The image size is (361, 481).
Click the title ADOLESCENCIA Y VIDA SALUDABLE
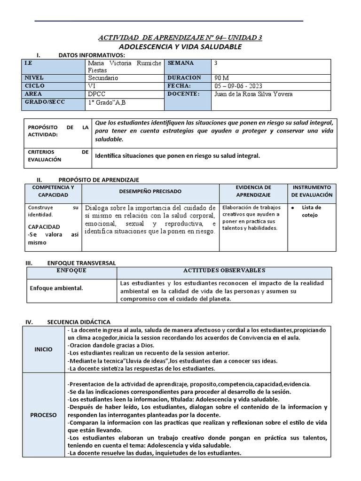point(180,47)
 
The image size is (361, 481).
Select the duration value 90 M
point(221,78)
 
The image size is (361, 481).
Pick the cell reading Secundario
point(103,78)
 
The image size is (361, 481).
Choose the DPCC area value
point(97,94)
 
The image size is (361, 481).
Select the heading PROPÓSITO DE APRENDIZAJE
point(99,180)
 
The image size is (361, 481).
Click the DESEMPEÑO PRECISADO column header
point(150,192)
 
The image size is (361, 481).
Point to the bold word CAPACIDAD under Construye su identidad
point(44,226)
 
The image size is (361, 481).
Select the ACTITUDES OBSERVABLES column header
point(224,271)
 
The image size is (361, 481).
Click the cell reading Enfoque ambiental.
point(56,288)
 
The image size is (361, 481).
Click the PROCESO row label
point(43,415)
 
